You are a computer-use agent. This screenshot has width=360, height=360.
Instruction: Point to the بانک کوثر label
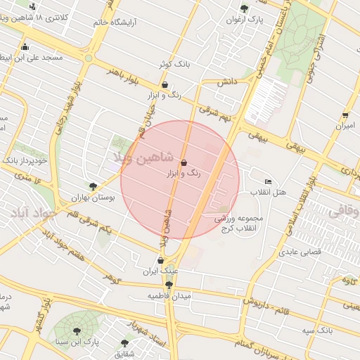[x=175, y=65]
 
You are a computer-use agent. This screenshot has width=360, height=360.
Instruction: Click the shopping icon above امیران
[x=345, y=115]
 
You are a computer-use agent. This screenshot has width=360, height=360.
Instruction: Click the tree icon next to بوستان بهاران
[x=93, y=186]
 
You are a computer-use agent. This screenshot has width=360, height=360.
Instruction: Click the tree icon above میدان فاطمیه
[x=169, y=285]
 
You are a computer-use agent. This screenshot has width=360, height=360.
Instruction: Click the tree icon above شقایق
[x=124, y=343]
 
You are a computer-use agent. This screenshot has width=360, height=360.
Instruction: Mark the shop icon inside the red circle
[x=184, y=162]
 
